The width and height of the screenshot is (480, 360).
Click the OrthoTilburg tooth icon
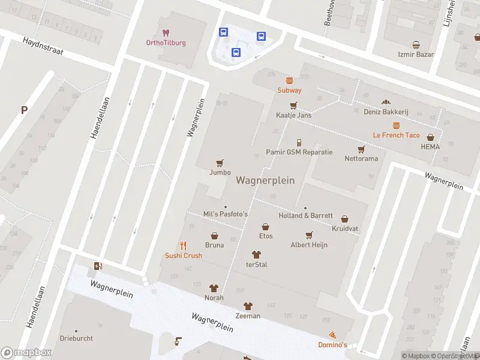point(166,32)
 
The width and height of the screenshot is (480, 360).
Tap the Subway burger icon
point(289,80)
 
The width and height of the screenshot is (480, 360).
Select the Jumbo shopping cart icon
point(220,163)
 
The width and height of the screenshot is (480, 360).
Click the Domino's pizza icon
point(332,335)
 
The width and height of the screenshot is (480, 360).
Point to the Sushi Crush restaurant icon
point(184,245)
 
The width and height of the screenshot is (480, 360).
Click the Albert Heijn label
point(309,245)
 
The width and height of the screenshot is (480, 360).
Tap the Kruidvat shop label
point(345,229)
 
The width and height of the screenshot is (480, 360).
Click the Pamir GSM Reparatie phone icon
point(299,142)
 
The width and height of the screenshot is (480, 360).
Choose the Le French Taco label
point(396,135)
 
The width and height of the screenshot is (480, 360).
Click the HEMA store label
point(430,147)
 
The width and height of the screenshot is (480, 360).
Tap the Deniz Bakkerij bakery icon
point(386,102)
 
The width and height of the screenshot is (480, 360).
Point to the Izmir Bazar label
point(416,54)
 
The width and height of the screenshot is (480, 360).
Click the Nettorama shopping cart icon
point(361,149)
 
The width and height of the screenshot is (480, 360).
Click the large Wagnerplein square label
point(265,180)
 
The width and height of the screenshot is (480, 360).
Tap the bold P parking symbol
point(24,110)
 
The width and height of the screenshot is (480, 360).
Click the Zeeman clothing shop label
point(248,316)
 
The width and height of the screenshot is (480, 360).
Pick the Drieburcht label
point(76,338)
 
